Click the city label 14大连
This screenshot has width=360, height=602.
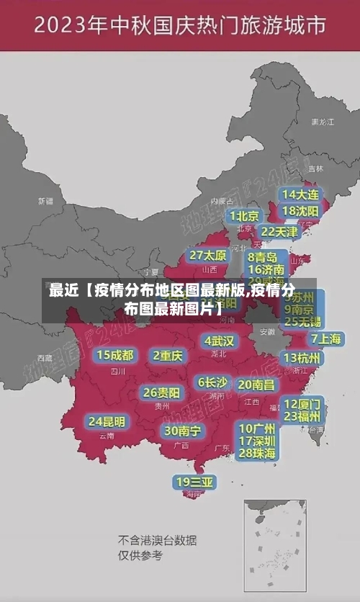click(300, 194)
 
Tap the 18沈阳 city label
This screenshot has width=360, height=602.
click(300, 211)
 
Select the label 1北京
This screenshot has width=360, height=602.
click(244, 215)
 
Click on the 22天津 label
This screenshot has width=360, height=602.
click(279, 232)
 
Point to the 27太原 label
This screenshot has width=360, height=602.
click(208, 255)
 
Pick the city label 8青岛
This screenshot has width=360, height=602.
click(262, 257)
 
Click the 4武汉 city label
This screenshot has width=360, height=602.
click(219, 340)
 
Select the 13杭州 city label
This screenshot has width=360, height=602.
click(303, 357)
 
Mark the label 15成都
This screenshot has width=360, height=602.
click(115, 355)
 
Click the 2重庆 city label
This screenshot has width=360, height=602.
click(168, 355)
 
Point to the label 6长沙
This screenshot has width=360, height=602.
click(212, 382)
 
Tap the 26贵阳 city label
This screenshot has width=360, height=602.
click(161, 392)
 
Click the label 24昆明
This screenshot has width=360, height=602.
click(107, 421)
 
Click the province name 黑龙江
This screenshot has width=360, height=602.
click(322, 122)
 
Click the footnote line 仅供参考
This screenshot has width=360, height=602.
click(140, 555)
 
